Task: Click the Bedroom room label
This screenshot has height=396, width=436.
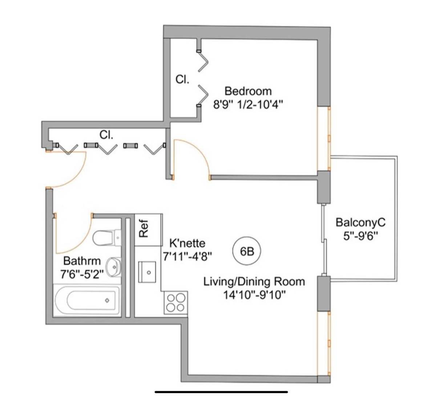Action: (x=248, y=91)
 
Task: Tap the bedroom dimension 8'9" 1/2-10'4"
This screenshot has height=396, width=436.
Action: (x=248, y=105)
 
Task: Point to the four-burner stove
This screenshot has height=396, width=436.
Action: (x=175, y=303)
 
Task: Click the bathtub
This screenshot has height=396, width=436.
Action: (x=88, y=300)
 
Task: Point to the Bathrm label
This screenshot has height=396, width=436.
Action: (x=82, y=261)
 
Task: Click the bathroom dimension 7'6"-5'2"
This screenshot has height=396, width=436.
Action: (x=82, y=273)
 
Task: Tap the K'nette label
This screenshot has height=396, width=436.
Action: (x=187, y=243)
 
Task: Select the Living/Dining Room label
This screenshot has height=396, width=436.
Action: (x=254, y=281)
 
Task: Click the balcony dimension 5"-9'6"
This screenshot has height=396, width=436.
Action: (x=360, y=235)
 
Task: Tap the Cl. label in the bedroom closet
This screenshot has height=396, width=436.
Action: (x=182, y=80)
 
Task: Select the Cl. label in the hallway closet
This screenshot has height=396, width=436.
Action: (x=106, y=135)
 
